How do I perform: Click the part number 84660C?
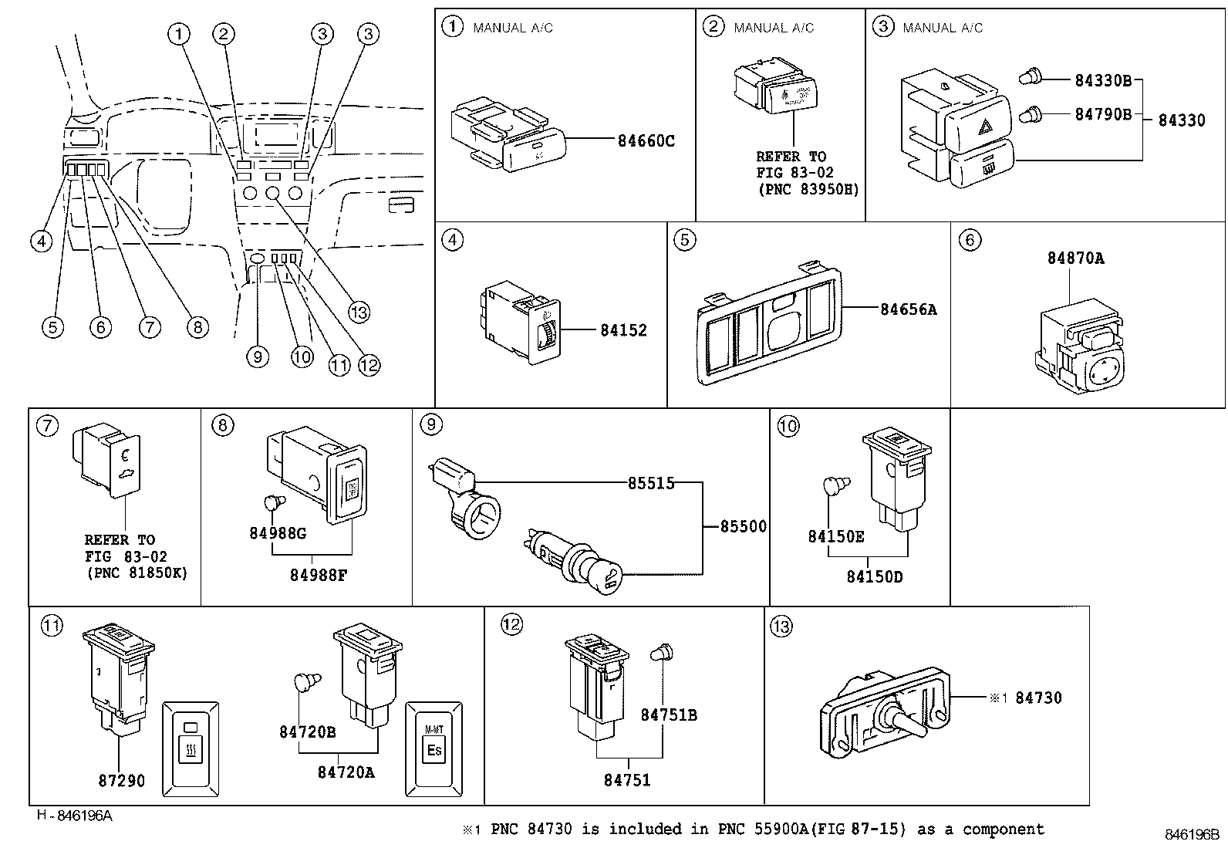point(646,141)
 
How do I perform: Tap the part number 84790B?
point(1103,114)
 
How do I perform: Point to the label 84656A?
point(908,309)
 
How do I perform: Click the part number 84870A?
point(1075,258)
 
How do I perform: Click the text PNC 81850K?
point(136,573)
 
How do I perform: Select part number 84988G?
point(278,533)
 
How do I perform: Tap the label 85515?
point(650,483)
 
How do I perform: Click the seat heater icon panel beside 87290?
point(191,748)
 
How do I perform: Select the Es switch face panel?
point(434,748)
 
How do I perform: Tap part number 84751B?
point(668,715)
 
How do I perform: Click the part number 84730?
point(1038,698)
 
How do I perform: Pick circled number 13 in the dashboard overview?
point(359,312)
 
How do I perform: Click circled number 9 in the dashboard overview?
point(258,356)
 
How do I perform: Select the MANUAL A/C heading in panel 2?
point(774,28)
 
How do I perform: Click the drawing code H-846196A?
point(74,815)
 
